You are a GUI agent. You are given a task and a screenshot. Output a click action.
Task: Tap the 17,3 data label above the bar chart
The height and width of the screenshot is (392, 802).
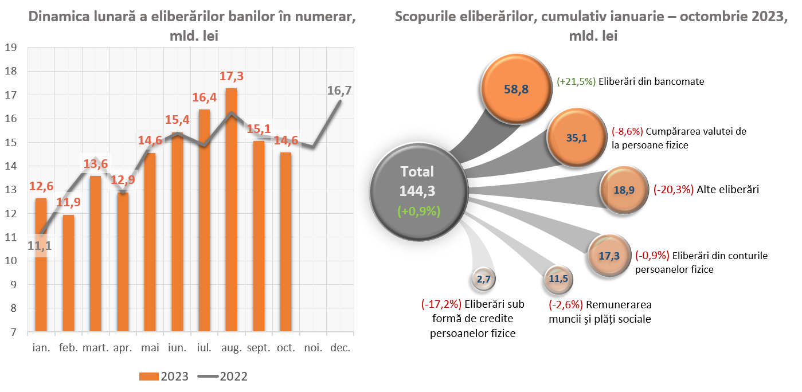click(231, 76)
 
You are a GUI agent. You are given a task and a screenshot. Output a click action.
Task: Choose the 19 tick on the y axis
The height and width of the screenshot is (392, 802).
click(10, 48)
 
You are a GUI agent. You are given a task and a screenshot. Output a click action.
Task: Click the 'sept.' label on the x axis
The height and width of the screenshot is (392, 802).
click(259, 348)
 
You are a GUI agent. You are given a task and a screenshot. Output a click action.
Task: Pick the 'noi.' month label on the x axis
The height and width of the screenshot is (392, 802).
click(313, 348)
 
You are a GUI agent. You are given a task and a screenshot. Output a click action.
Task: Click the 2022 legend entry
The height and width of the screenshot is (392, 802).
click(223, 376)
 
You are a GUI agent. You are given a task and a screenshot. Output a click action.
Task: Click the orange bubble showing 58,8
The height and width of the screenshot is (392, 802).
click(515, 89)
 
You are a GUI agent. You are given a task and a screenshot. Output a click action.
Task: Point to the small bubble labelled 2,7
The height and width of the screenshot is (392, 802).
click(483, 280)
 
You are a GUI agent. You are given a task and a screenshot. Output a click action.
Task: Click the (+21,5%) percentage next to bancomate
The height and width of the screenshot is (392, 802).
click(576, 81)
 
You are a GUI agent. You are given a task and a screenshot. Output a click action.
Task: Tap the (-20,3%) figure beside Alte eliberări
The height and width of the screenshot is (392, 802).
click(674, 189)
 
